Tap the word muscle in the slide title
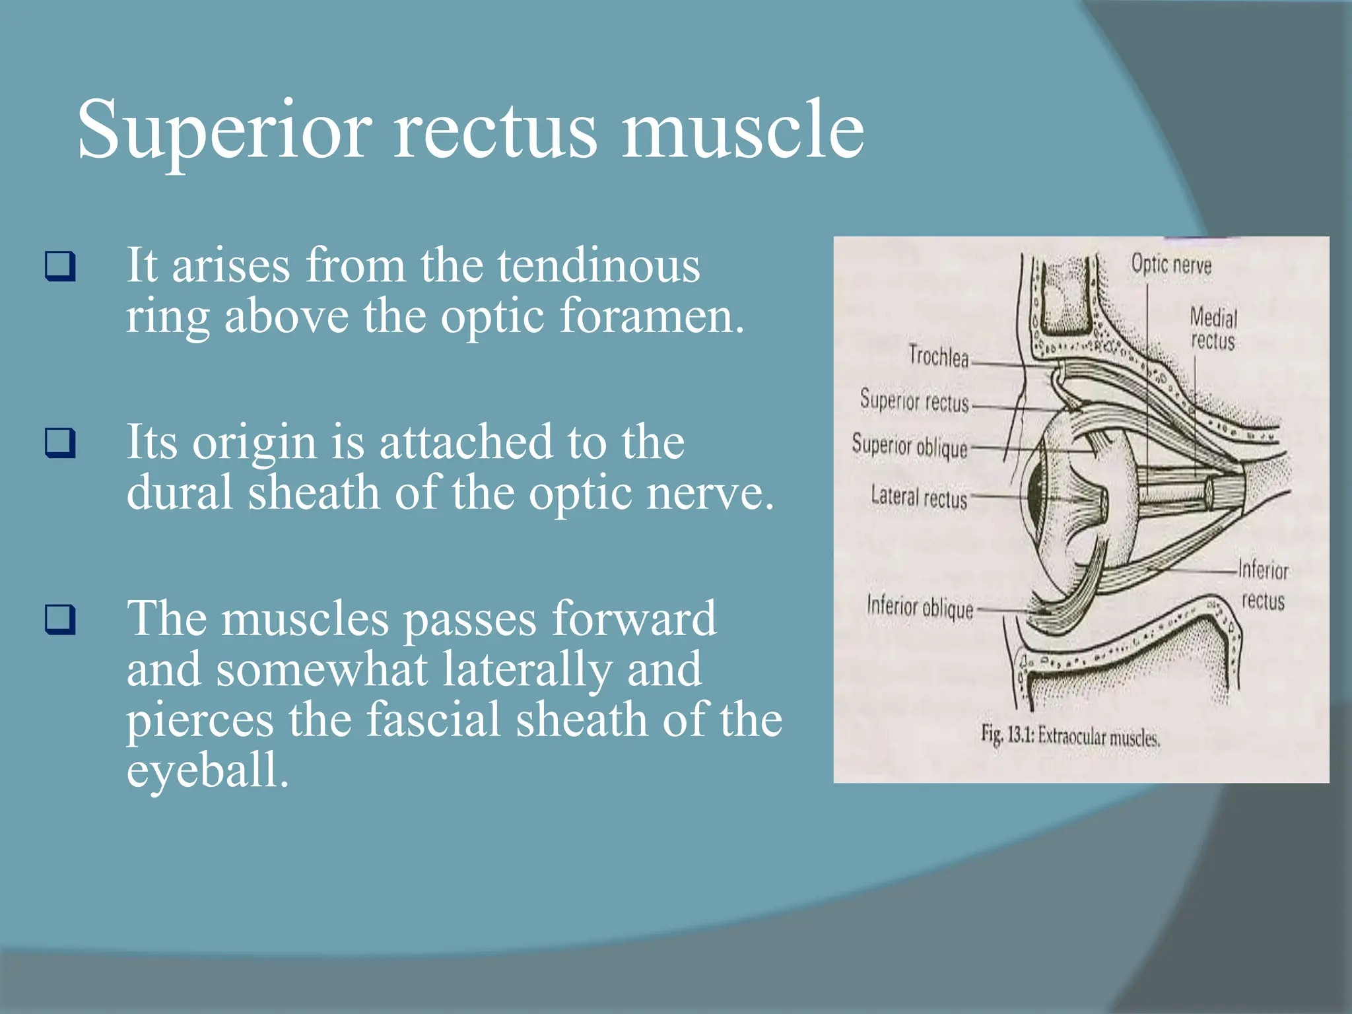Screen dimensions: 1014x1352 point(742,129)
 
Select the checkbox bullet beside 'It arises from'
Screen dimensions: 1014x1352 point(59,266)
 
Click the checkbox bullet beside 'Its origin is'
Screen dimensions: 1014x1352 point(59,442)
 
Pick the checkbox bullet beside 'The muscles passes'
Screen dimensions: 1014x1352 point(59,619)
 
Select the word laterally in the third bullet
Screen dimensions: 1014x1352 point(526,669)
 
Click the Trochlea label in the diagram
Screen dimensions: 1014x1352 point(938,356)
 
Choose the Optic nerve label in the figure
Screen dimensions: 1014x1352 point(1171,265)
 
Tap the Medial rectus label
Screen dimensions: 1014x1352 point(1213,329)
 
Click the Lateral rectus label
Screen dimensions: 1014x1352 point(918,496)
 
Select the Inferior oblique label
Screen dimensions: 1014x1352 point(920,607)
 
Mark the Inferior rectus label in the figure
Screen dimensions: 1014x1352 point(1263,585)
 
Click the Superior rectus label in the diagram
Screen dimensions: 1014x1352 point(914,401)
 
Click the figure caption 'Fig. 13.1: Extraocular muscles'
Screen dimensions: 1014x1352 point(1069,736)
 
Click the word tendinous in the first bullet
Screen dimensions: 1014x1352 point(598,265)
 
